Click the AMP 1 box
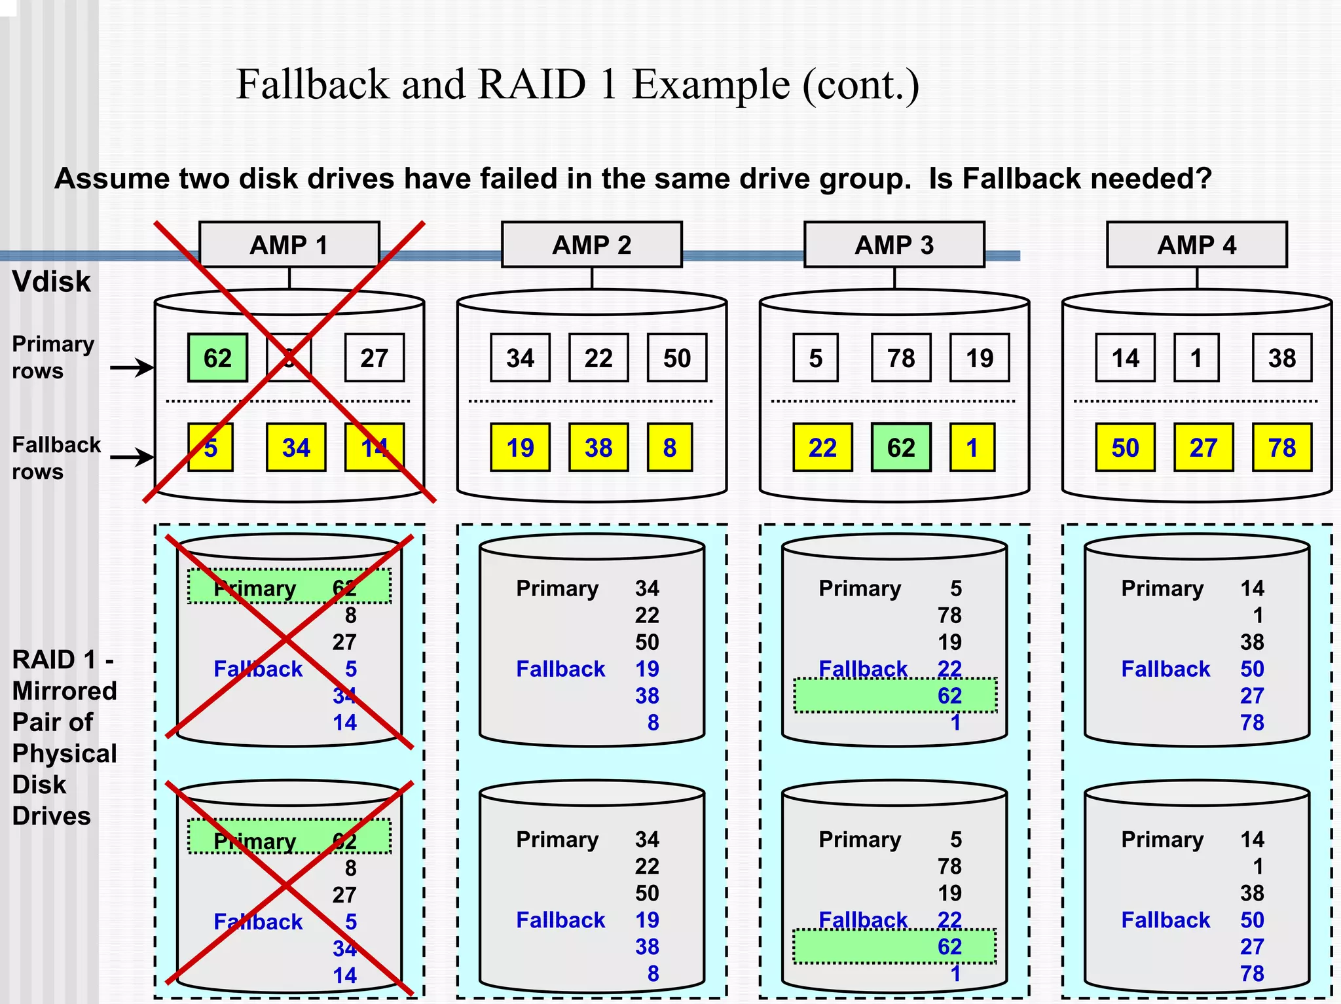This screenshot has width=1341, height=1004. [x=289, y=245]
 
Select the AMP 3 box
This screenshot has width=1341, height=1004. [x=894, y=245]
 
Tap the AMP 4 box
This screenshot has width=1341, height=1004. [x=1196, y=245]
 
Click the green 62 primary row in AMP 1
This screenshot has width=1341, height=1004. [x=217, y=358]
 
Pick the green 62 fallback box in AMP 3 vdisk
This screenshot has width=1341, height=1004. [x=900, y=448]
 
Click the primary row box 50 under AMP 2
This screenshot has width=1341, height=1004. [x=676, y=358]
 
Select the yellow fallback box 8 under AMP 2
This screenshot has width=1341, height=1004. [x=669, y=448]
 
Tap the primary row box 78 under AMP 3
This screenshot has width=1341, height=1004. [x=900, y=358]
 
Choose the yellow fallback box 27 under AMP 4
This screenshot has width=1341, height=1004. [x=1203, y=448]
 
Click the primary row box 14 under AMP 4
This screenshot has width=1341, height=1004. [x=1125, y=358]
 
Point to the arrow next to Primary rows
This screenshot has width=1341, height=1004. [x=132, y=367]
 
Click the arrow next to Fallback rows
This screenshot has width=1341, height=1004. [x=132, y=457]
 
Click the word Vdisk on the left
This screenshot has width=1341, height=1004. [x=51, y=281]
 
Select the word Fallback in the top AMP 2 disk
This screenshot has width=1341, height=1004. [x=560, y=669]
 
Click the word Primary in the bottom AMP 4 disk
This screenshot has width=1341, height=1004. [x=1162, y=840]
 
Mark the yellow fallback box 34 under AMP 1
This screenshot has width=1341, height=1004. [x=296, y=448]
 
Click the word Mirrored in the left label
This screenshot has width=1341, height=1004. [x=64, y=691]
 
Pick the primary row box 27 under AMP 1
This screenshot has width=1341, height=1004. [x=374, y=358]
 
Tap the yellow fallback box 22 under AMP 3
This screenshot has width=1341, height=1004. [x=822, y=448]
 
